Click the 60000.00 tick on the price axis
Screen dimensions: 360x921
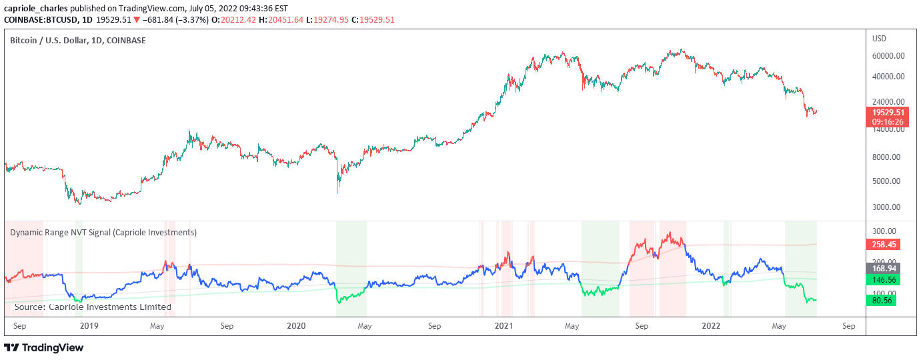888,56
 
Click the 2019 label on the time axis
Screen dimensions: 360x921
89,326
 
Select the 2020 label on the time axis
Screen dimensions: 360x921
296,326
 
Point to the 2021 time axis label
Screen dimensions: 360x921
504,326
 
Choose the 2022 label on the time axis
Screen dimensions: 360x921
712,326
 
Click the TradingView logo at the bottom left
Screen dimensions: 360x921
44,347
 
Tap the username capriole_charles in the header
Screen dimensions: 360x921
35,8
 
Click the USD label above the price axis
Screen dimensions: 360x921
879,39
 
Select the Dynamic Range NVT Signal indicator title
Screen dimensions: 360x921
103,233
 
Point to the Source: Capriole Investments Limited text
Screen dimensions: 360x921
93,307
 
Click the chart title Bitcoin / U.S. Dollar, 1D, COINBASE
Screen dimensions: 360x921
78,41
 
